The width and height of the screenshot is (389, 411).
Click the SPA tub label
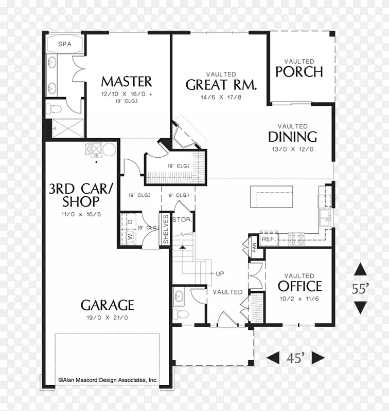click(64, 44)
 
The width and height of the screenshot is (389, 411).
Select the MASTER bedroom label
click(127, 82)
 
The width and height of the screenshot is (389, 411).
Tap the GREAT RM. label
click(221, 85)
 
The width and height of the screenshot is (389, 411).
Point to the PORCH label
click(299, 71)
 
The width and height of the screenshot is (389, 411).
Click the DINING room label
click(292, 137)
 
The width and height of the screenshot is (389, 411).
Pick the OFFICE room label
click(300, 286)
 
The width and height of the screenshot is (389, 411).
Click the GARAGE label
click(107, 305)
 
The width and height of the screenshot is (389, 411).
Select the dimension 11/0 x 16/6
click(81, 214)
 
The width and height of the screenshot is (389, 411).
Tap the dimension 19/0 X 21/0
click(107, 317)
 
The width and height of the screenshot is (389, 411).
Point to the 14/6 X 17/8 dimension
click(221, 97)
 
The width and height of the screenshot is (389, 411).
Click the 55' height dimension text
click(360, 289)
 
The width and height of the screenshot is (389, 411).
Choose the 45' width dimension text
click(295, 358)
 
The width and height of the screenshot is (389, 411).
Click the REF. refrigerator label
click(268, 239)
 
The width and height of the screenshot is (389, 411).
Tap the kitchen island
click(271, 197)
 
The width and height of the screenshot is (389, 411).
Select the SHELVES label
click(166, 229)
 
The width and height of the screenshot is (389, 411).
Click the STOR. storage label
click(182, 220)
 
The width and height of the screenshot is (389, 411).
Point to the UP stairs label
click(220, 274)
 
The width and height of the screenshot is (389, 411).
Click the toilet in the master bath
click(54, 108)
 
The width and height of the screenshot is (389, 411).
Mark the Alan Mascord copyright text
click(108, 380)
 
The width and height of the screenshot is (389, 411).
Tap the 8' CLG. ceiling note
click(179, 195)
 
